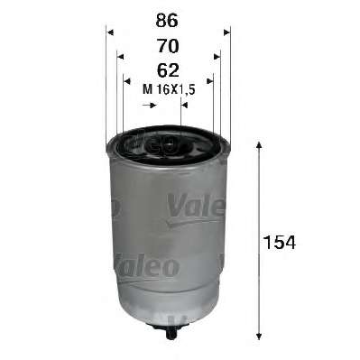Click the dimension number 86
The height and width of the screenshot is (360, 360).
[x=167, y=21]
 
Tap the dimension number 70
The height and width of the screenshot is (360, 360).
[x=168, y=46]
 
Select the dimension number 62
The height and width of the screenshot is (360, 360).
[x=168, y=70]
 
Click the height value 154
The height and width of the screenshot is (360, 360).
[x=280, y=243]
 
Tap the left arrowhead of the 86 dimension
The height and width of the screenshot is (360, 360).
[x=110, y=32]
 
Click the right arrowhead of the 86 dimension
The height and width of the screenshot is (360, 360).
[x=226, y=32]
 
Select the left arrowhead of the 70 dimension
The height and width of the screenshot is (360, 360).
[x=120, y=57]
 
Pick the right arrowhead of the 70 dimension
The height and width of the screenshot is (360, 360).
[x=217, y=57]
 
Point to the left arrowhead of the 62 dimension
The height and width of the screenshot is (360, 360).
[x=127, y=81]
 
